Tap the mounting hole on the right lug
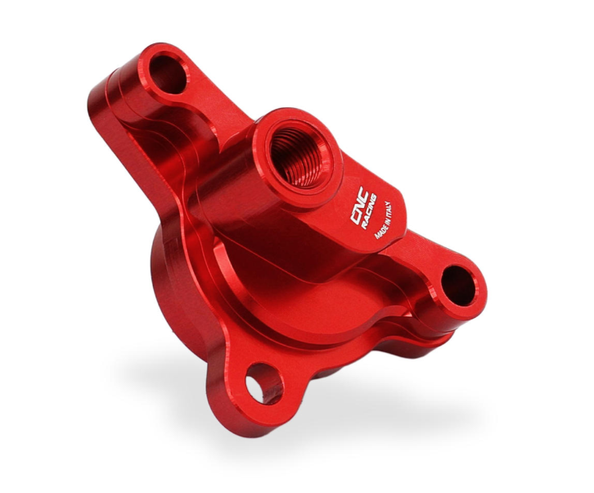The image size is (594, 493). pos(458,287)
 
